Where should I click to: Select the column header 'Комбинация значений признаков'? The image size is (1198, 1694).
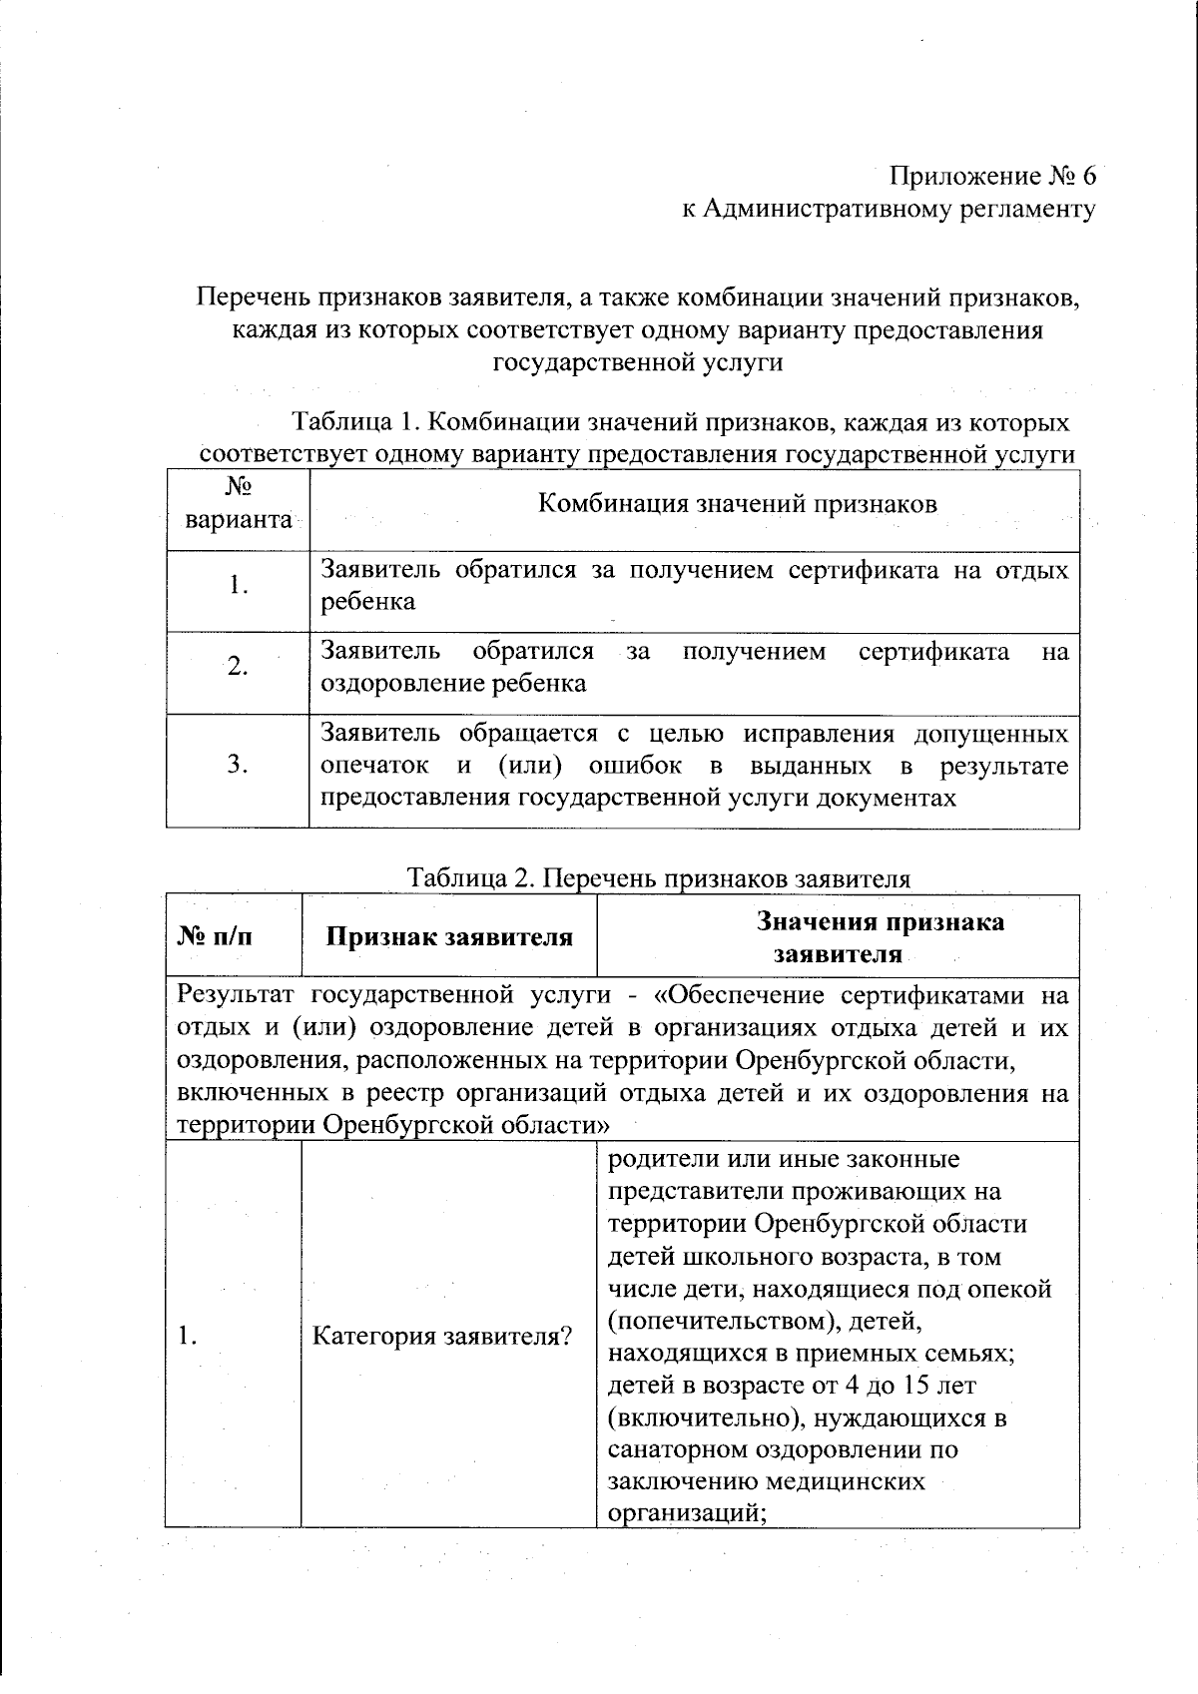coord(738,503)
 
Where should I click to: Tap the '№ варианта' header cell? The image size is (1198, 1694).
coord(238,504)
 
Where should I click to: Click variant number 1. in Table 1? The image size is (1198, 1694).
coord(238,585)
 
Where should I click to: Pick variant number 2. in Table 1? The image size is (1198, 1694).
coord(238,667)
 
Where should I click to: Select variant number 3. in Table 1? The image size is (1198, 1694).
coord(238,765)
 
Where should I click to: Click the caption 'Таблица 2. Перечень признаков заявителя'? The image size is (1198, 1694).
coord(659,878)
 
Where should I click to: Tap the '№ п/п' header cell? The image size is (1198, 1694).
coord(216,936)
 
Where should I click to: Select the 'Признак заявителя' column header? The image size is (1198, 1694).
coord(449,936)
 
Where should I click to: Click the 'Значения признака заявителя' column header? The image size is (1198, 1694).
coord(838,936)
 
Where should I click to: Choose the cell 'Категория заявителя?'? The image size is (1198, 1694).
coord(442,1336)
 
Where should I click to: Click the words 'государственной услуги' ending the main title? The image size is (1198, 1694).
coord(638,361)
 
